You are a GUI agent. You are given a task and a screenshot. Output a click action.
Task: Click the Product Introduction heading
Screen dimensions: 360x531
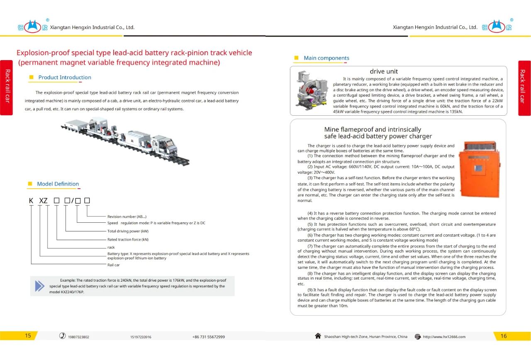[x=64, y=78]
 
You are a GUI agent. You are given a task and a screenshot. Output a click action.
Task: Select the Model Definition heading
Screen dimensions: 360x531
[x=58, y=184]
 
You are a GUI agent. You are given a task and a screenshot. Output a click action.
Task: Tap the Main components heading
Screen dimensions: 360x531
[x=326, y=58]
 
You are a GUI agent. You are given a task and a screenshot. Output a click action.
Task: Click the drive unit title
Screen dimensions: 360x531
[x=384, y=71]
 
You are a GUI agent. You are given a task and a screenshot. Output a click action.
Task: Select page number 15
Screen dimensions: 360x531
[x=28, y=336]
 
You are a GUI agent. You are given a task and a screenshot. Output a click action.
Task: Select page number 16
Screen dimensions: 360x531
[x=503, y=336]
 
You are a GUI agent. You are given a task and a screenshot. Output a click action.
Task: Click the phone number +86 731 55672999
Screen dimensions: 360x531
[x=208, y=337]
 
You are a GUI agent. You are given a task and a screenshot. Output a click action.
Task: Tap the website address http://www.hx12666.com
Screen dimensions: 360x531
[x=444, y=337]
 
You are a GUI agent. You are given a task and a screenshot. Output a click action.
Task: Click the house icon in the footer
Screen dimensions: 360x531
[x=318, y=336]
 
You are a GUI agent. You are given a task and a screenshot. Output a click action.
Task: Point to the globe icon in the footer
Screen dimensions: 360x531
[x=418, y=337]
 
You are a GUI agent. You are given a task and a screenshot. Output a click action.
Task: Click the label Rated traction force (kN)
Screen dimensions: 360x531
[x=128, y=240]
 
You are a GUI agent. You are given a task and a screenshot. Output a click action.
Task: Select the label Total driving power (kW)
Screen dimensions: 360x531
[x=128, y=231]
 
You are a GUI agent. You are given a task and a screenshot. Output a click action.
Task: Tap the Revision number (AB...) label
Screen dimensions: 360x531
[x=127, y=216]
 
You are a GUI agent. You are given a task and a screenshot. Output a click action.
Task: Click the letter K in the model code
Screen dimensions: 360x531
[x=31, y=201]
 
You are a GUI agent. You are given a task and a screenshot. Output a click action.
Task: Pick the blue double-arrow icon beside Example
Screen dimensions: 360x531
[x=40, y=285]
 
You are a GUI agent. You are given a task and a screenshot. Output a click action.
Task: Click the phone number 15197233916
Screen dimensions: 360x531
[x=141, y=337]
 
